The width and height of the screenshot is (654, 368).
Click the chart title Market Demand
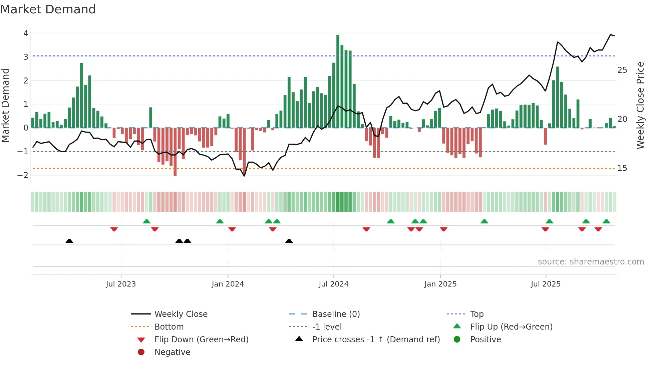[x=48, y=9]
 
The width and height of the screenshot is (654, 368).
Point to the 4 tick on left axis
[x=26, y=33]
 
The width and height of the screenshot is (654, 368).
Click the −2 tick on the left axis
[x=23, y=175]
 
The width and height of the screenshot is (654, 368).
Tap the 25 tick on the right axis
[x=622, y=70]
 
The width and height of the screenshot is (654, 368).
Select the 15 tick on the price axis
[x=622, y=168]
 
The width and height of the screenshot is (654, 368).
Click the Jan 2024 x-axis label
[x=228, y=284]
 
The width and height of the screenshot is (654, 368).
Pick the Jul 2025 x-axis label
[x=546, y=284]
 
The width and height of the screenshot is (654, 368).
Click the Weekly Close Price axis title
[x=640, y=105]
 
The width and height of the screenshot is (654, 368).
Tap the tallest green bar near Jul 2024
[x=338, y=80]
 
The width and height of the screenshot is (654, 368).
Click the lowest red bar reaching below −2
[x=175, y=152]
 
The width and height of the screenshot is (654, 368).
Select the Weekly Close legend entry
[x=181, y=314]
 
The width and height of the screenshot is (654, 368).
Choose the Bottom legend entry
[x=169, y=327]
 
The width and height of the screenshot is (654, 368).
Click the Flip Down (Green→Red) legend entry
[x=201, y=340]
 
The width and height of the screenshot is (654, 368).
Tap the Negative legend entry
[x=172, y=352]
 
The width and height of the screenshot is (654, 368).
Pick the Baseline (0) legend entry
[x=336, y=314]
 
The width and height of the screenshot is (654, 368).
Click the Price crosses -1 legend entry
[x=376, y=340]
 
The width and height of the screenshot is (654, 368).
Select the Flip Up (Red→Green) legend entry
[x=511, y=327]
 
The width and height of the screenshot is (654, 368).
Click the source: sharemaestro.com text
[x=591, y=262]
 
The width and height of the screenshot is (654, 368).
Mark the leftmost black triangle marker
[x=69, y=241]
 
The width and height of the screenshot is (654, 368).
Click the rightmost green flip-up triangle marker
[x=607, y=221]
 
